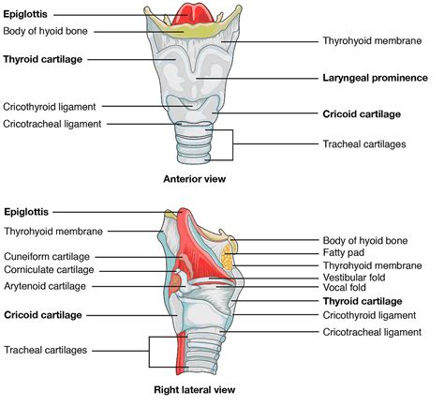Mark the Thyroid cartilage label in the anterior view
[43, 58]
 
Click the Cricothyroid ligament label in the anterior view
[50, 107]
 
